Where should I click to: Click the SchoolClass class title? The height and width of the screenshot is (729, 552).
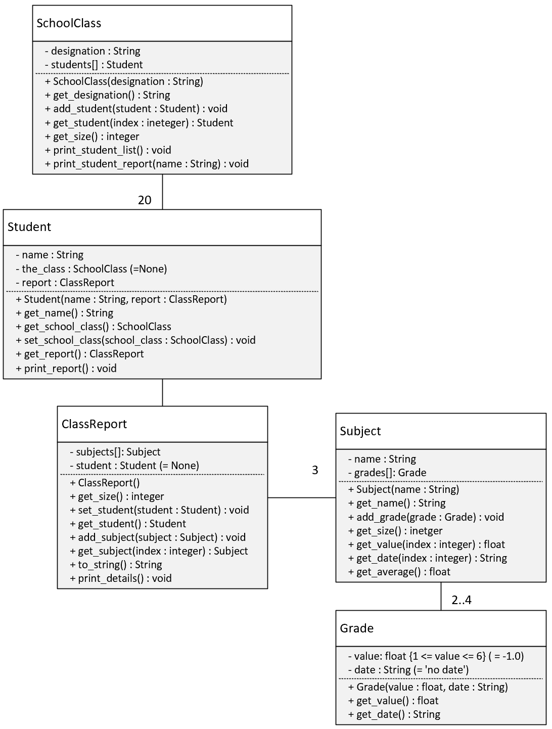pyautogui.click(x=69, y=23)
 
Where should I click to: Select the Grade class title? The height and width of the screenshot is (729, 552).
pyautogui.click(x=356, y=628)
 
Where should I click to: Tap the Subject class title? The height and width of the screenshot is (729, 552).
pyautogui.click(x=360, y=431)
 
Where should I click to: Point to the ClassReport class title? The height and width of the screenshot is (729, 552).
pyautogui.click(x=94, y=424)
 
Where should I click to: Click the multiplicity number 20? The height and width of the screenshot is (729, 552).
pyautogui.click(x=145, y=200)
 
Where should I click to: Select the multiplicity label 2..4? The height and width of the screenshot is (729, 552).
pyautogui.click(x=462, y=600)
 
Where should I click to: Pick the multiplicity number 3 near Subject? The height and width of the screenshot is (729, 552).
pyautogui.click(x=315, y=470)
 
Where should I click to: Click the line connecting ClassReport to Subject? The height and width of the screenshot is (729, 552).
pyautogui.click(x=302, y=497)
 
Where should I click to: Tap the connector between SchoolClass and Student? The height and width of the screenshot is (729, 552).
pyautogui.click(x=162, y=192)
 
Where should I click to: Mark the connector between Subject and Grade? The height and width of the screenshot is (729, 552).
pyautogui.click(x=441, y=596)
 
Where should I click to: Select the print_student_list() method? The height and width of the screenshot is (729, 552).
pyautogui.click(x=108, y=150)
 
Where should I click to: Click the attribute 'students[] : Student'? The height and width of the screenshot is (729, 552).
pyautogui.click(x=94, y=65)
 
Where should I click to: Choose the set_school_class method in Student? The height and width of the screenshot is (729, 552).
pyautogui.click(x=135, y=340)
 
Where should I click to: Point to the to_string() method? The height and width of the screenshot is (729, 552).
pyautogui.click(x=116, y=565)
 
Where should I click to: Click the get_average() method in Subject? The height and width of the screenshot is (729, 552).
pyautogui.click(x=399, y=572)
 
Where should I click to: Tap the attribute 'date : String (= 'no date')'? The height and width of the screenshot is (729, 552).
pyautogui.click(x=408, y=670)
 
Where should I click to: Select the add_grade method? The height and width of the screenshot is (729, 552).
pyautogui.click(x=426, y=517)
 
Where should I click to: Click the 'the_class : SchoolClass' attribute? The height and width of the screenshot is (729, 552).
pyautogui.click(x=91, y=268)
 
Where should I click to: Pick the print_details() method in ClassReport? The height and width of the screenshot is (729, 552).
pyautogui.click(x=120, y=578)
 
